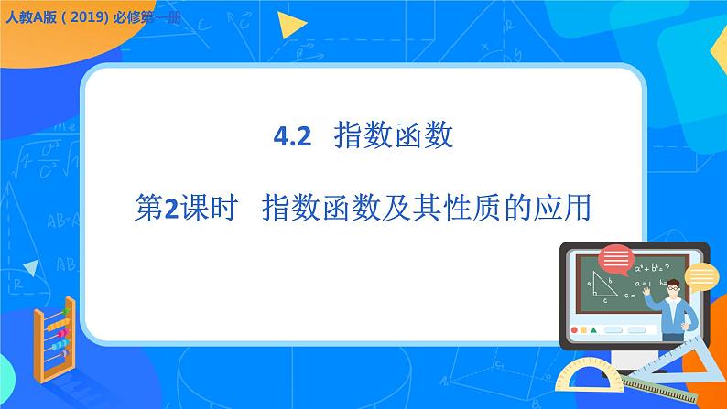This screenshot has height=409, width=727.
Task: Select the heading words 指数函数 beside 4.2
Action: click(395, 137)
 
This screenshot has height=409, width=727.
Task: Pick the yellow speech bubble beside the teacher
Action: click(701, 274)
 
